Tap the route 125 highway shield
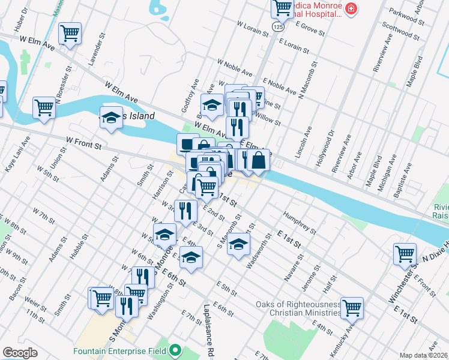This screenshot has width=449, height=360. (x=277, y=27)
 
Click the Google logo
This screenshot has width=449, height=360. (x=20, y=352)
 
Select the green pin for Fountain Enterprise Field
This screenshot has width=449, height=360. (x=175, y=350)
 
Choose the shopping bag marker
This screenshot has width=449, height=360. (x=259, y=161)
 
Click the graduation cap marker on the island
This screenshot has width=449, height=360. (x=111, y=118)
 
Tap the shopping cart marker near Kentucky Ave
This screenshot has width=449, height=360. (x=352, y=307)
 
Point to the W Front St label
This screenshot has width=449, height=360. (x=84, y=143)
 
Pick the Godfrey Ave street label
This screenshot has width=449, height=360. (x=194, y=91)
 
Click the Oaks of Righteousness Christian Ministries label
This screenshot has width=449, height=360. (x=298, y=308)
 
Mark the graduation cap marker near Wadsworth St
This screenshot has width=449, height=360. (x=238, y=245)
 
